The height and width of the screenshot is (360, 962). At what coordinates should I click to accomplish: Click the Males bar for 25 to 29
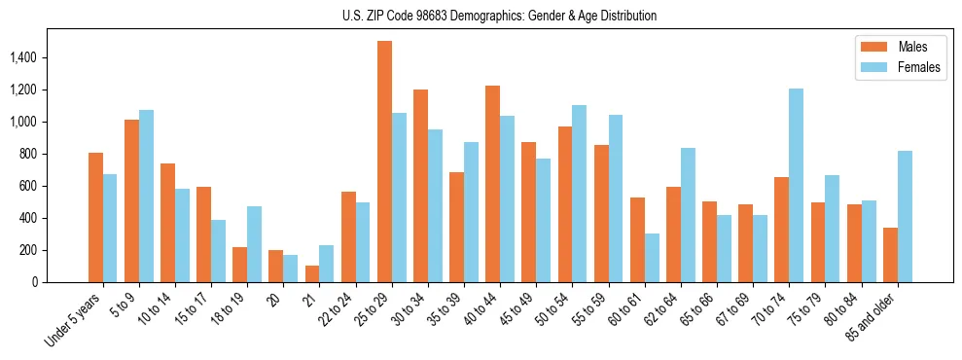pos(384,162)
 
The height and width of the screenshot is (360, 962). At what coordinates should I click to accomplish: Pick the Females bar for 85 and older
pos(905,216)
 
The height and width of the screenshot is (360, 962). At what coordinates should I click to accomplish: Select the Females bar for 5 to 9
pos(146,196)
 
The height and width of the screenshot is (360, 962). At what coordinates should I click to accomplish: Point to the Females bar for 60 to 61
pos(652,258)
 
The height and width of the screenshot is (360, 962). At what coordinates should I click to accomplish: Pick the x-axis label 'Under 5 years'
pos(74,320)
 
